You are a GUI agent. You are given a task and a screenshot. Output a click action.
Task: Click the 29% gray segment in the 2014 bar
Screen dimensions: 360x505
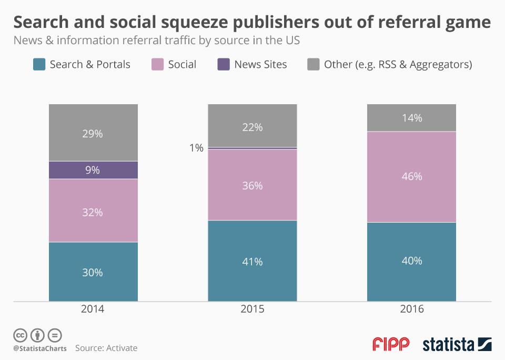pos(93,133)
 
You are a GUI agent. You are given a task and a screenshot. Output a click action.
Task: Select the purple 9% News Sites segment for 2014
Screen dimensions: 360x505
pos(93,170)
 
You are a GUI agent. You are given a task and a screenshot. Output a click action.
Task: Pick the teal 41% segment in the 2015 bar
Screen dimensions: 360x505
pos(252,261)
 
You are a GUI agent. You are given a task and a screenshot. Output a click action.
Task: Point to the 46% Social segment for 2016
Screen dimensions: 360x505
pos(411,177)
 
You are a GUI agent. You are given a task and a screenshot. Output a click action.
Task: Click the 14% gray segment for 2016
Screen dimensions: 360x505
pos(411,118)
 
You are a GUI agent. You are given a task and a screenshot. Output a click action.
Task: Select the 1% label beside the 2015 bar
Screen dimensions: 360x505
pos(196,148)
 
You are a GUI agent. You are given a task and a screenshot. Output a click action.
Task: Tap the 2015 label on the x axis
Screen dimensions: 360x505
pos(252,309)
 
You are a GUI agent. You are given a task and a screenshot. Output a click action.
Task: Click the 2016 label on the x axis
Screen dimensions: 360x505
pos(411,309)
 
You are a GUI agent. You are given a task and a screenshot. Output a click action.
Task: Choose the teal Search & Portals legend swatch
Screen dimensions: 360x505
pos(39,65)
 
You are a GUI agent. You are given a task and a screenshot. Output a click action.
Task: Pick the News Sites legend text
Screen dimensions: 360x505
pos(260,65)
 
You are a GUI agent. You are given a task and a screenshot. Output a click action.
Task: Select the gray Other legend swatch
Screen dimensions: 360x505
pos(313,65)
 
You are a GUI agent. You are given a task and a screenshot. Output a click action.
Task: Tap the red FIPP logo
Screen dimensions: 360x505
pos(390,345)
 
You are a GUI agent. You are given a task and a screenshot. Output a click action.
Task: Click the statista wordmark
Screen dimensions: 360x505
pos(448,345)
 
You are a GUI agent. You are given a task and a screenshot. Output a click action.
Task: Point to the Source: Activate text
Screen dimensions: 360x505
pos(106,348)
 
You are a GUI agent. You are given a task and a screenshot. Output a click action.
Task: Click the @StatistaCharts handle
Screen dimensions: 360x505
pos(40,348)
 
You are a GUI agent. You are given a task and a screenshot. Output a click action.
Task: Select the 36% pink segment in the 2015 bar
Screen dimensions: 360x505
pos(252,185)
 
